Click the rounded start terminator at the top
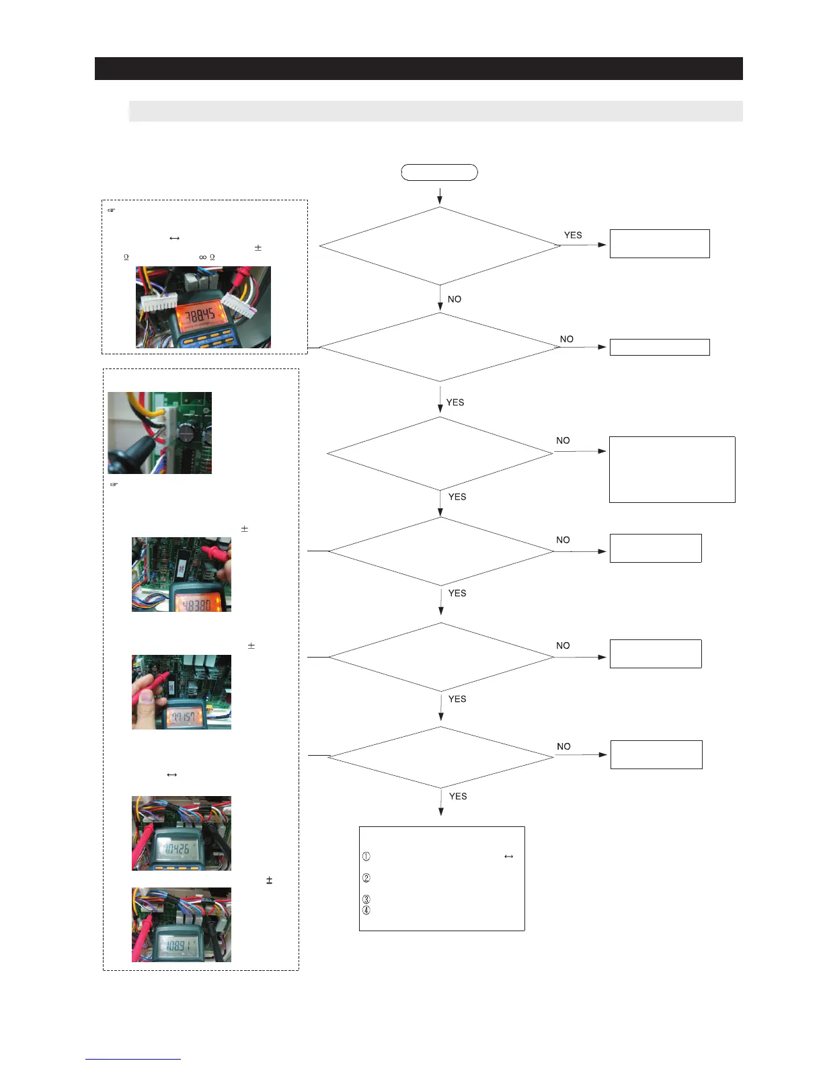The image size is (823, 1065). [x=439, y=172]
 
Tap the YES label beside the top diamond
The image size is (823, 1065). [x=573, y=235]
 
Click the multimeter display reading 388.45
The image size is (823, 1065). [x=200, y=314]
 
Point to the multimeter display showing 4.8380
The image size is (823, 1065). [x=194, y=604]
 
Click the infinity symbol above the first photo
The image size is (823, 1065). [x=202, y=258]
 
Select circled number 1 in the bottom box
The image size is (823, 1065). [x=366, y=857]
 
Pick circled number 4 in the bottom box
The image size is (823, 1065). [x=366, y=910]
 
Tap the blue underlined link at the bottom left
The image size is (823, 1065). [x=133, y=1059]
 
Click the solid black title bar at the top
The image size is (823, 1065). [x=418, y=69]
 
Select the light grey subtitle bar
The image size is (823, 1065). [x=435, y=111]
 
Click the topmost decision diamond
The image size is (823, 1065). [x=440, y=246]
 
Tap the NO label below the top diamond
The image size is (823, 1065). [x=455, y=299]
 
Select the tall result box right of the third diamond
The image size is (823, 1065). [x=672, y=469]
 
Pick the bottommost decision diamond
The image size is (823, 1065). [x=440, y=757]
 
